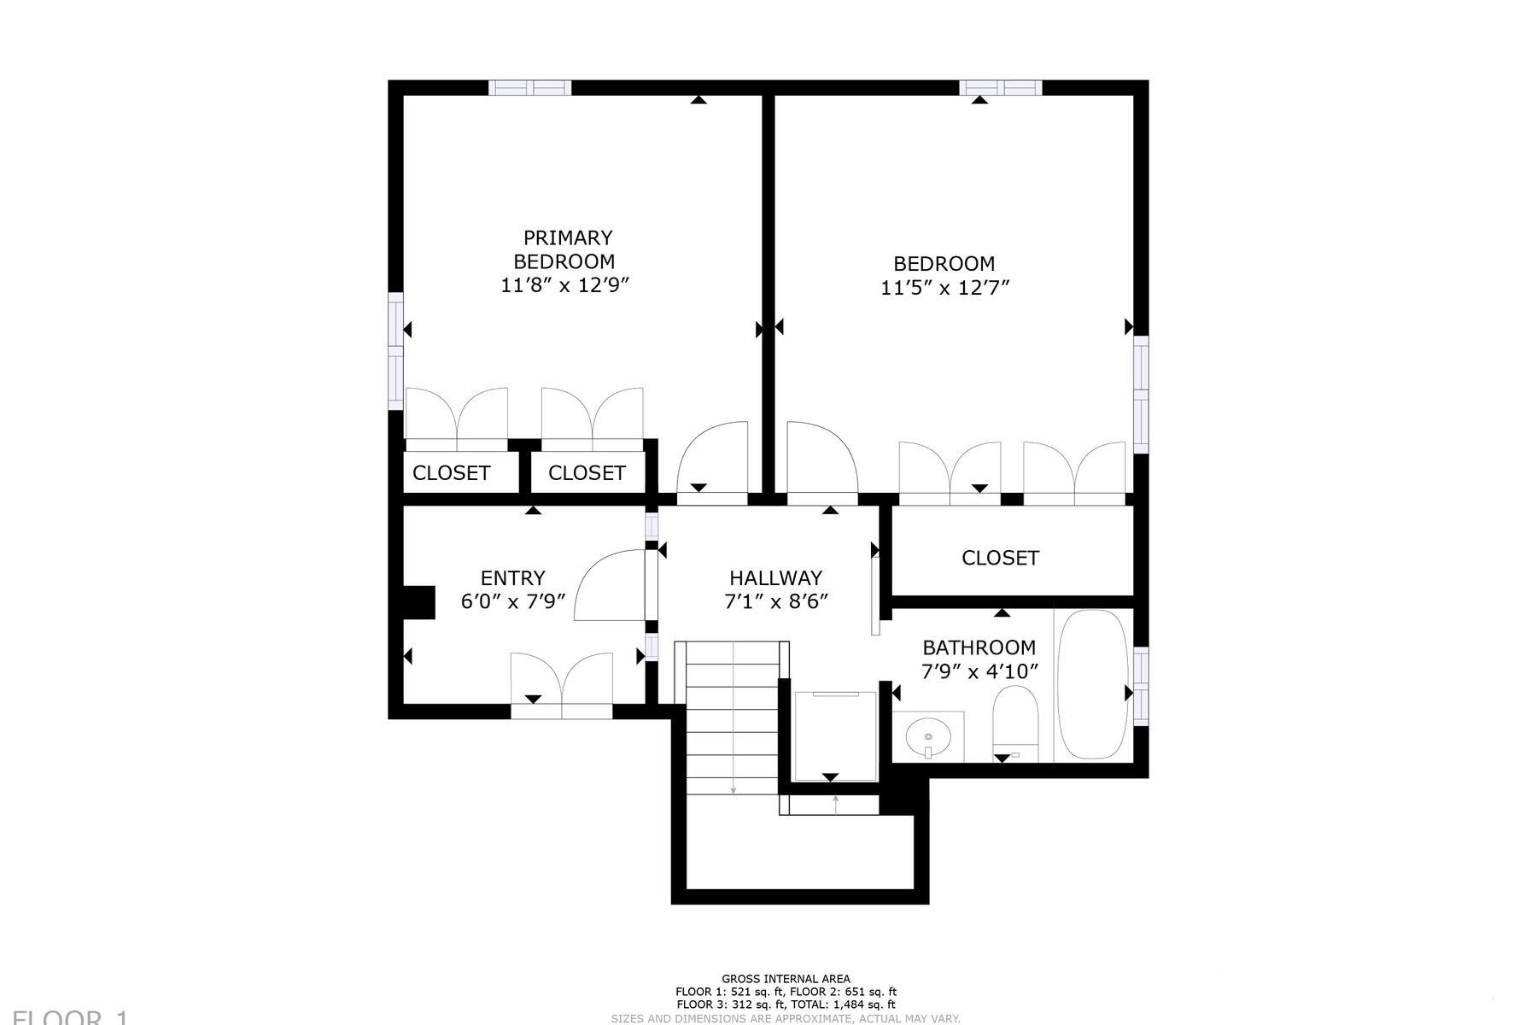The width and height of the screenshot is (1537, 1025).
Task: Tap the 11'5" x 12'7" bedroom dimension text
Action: [944, 288]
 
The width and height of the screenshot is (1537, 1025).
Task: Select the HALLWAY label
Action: [775, 578]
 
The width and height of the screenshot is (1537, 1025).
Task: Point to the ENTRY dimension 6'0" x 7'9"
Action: [513, 601]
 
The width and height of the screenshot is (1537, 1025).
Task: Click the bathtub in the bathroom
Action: [1092, 683]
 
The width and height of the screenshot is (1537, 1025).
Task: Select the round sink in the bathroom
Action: [928, 735]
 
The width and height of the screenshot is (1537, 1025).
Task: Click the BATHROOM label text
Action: [979, 647]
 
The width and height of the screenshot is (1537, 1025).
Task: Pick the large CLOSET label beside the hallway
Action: [1000, 558]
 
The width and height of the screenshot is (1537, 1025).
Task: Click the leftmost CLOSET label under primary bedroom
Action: [451, 473]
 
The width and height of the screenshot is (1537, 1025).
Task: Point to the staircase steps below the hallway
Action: [731, 717]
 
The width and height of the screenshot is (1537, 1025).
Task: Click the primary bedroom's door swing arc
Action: [713, 457]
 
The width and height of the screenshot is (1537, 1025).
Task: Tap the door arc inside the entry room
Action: [610, 585]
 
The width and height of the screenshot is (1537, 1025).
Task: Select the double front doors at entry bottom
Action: [561, 683]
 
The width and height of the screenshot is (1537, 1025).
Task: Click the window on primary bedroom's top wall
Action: [529, 87]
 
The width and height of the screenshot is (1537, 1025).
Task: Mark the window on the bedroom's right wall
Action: [1141, 393]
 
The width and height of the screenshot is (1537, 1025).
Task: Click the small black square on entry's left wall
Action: [418, 601]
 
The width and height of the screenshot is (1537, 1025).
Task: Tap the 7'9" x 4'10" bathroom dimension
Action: [979, 671]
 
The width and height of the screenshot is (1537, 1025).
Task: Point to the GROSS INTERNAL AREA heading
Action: [786, 979]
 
